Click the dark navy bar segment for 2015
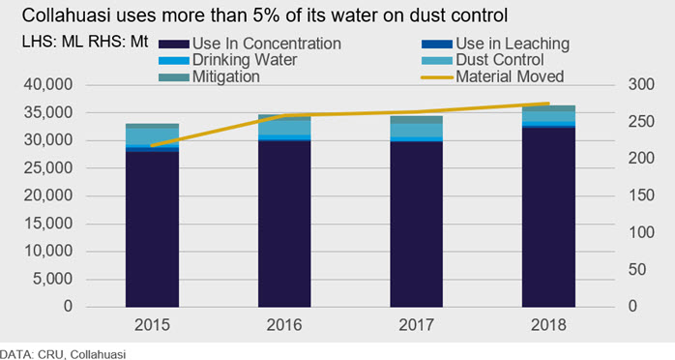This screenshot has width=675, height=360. tap(152, 229)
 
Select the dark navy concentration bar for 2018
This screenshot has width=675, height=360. tap(548, 217)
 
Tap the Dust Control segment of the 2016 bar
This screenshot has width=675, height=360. tap(284, 127)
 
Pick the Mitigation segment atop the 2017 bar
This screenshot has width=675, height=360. tap(416, 120)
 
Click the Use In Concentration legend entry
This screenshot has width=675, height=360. tap(249, 44)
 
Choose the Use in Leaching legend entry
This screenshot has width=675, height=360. tap(495, 44)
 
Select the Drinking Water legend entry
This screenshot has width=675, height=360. tap(227, 60)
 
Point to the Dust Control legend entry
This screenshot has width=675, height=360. tap(483, 60)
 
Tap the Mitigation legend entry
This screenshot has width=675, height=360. tap(209, 77)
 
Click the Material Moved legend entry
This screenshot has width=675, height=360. tap(492, 77)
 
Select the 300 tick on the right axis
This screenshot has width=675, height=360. tap(641, 85)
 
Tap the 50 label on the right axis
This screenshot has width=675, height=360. tap(636, 270)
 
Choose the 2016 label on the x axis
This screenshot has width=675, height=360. tap(284, 325)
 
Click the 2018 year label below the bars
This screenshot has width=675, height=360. tap(548, 325)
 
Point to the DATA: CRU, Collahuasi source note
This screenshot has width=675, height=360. tap(63, 354)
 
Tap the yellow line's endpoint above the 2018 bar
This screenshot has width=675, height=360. tap(549, 104)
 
